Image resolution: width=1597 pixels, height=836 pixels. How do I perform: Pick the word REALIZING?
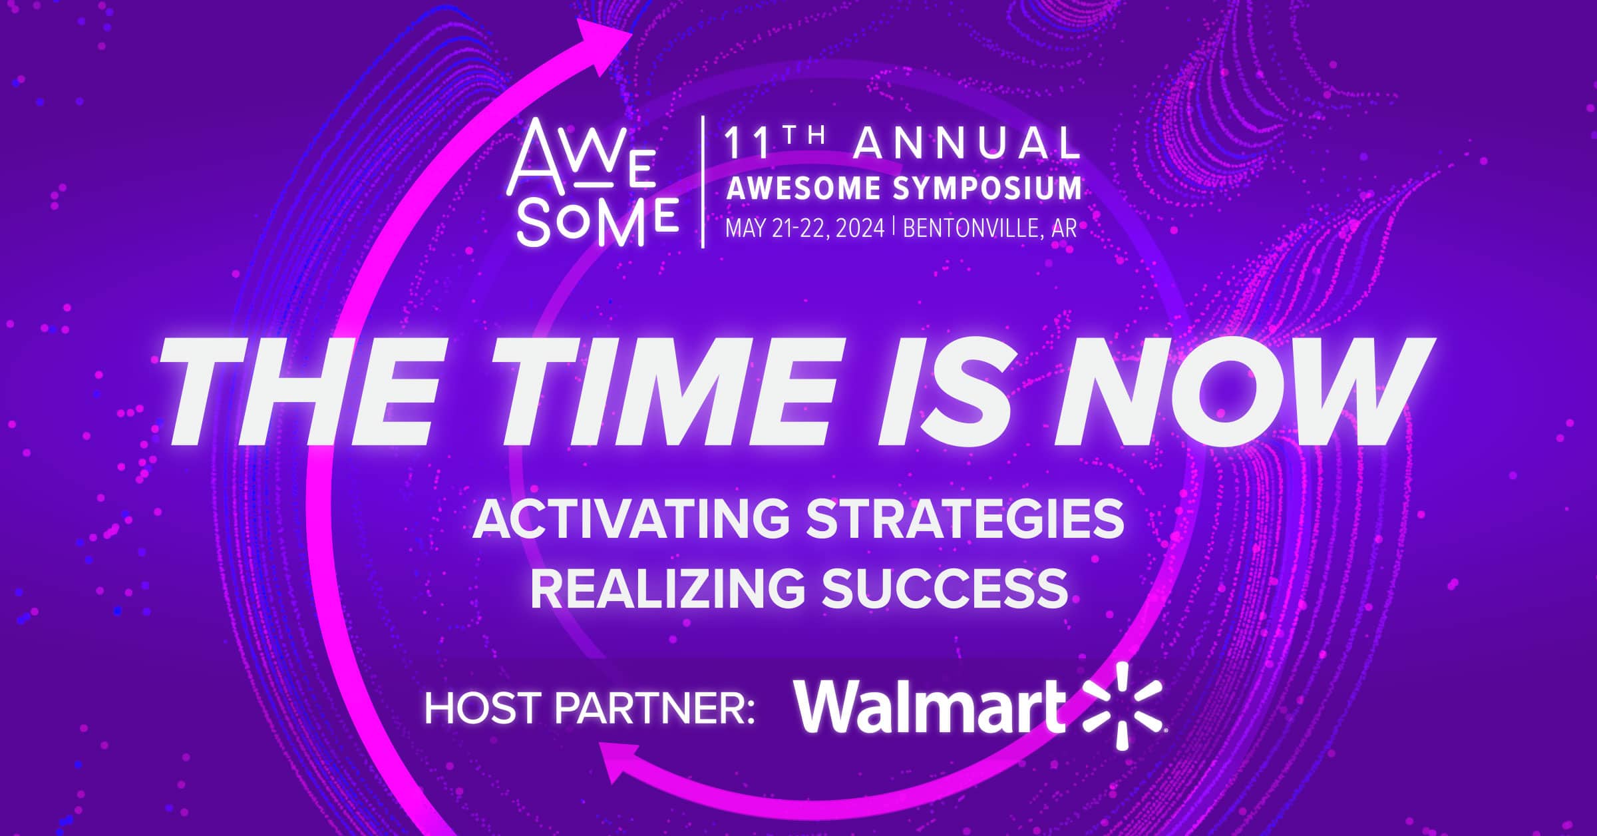tap(667, 588)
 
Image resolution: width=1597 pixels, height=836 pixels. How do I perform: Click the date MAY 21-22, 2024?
tap(805, 228)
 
